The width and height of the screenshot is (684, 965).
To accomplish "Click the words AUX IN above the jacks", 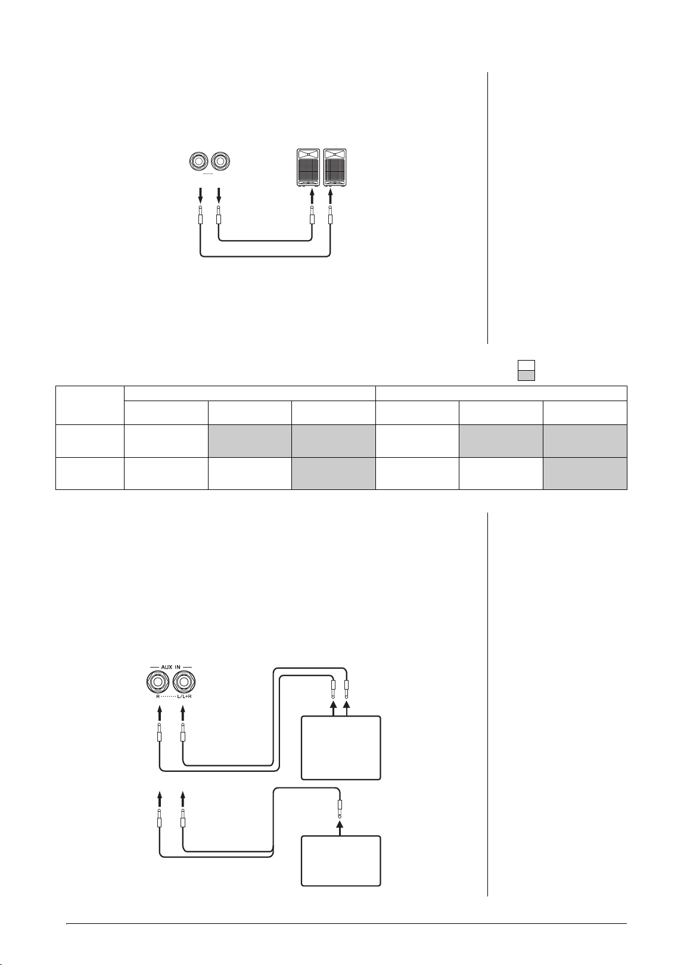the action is [170, 667].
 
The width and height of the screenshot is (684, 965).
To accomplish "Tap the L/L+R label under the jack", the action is [185, 696].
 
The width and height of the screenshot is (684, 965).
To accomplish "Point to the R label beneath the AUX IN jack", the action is [158, 696].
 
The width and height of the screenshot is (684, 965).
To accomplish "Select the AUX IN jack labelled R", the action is [158, 682].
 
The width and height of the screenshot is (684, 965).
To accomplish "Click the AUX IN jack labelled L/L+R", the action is [184, 682].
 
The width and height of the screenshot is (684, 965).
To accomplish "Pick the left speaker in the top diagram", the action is [309, 167].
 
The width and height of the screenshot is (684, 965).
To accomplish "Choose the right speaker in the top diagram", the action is [335, 167].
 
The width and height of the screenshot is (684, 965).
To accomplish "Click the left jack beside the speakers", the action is [200, 162].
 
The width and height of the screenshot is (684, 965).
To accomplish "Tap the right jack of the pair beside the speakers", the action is [220, 162].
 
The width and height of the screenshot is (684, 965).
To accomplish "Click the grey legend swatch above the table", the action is [526, 376].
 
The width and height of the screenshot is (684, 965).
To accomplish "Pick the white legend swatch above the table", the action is [526, 365].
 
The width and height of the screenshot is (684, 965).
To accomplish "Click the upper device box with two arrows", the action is [341, 748].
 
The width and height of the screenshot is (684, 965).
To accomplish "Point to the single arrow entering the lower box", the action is [340, 827].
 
